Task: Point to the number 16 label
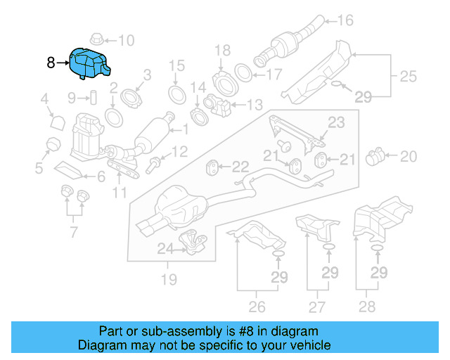click(x=345, y=20)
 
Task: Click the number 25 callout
click(x=409, y=75)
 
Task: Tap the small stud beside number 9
click(x=91, y=96)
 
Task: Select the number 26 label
click(x=257, y=307)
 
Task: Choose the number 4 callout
click(x=44, y=100)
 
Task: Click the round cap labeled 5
click(x=51, y=145)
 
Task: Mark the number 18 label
click(x=222, y=50)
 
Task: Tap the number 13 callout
click(x=254, y=105)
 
